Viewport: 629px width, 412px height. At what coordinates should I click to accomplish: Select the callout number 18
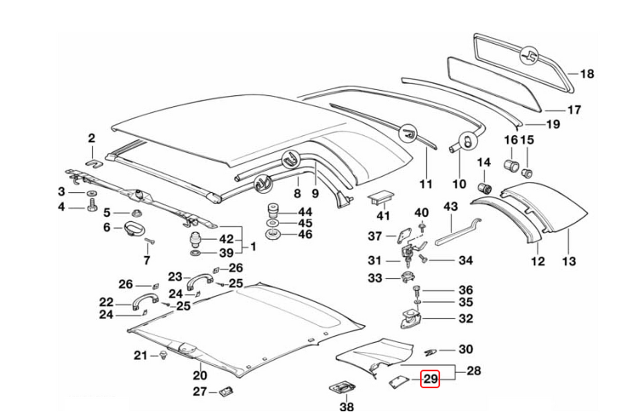[x=587, y=74]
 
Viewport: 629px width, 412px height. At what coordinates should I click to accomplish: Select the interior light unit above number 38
[x=342, y=388]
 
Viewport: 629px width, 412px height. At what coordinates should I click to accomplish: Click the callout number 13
[x=569, y=261]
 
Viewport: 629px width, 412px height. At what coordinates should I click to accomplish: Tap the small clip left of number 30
[x=430, y=352]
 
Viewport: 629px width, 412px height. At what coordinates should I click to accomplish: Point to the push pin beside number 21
[x=165, y=355]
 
